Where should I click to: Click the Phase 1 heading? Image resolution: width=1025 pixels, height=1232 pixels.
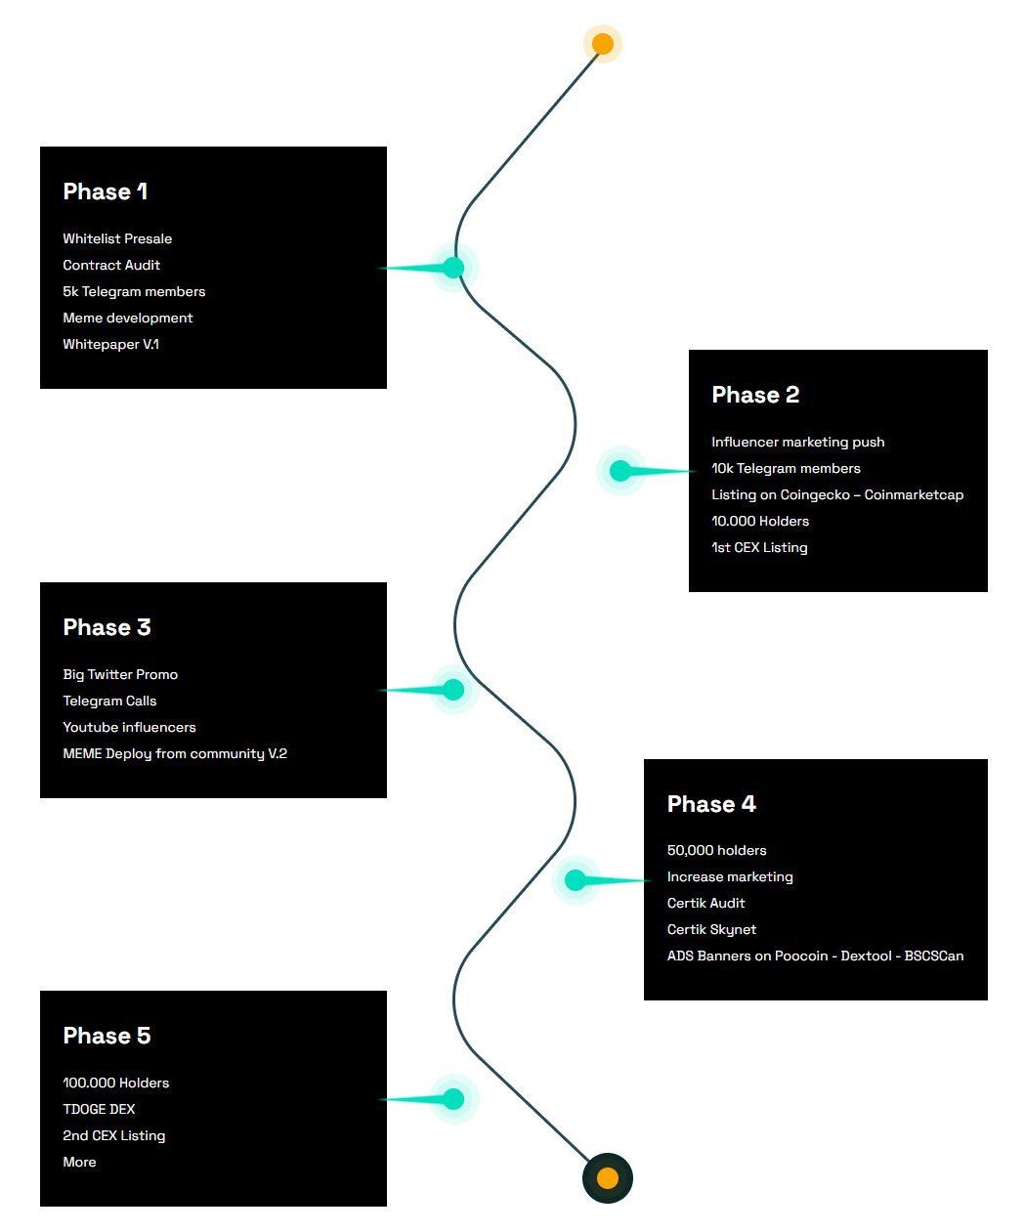point(105,191)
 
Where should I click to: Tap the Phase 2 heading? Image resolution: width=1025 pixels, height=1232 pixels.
point(755,394)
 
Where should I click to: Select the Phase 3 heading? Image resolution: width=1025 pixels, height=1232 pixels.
point(107,626)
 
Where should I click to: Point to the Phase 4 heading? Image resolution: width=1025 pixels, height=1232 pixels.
point(711,804)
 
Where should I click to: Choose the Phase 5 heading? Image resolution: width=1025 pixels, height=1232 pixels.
point(107,1035)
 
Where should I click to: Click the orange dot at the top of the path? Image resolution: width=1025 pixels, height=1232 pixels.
point(603,44)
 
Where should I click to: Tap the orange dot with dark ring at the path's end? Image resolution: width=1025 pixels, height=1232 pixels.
point(607,1178)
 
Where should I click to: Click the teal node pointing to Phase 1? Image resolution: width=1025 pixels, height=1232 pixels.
point(453,268)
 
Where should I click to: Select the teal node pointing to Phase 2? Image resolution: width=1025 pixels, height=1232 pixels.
point(619,470)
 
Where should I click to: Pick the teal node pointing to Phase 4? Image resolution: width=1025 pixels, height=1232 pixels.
point(576,879)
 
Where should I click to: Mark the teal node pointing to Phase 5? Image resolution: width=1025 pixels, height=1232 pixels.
point(453,1099)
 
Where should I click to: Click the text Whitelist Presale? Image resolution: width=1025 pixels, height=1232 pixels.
point(117,238)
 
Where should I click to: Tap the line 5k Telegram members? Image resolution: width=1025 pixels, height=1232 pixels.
point(134,291)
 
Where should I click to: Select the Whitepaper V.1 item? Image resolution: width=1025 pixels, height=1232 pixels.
point(111,344)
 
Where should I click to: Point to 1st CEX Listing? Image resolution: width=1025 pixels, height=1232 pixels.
point(759,547)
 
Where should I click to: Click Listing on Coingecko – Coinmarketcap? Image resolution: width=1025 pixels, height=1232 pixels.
point(837,494)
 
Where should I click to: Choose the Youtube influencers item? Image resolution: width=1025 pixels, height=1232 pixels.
point(129,727)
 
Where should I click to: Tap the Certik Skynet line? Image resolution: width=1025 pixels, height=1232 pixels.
point(711,929)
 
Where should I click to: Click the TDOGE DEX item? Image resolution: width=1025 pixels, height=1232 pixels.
point(99,1109)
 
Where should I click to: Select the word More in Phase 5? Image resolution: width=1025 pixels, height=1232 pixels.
point(79,1162)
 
